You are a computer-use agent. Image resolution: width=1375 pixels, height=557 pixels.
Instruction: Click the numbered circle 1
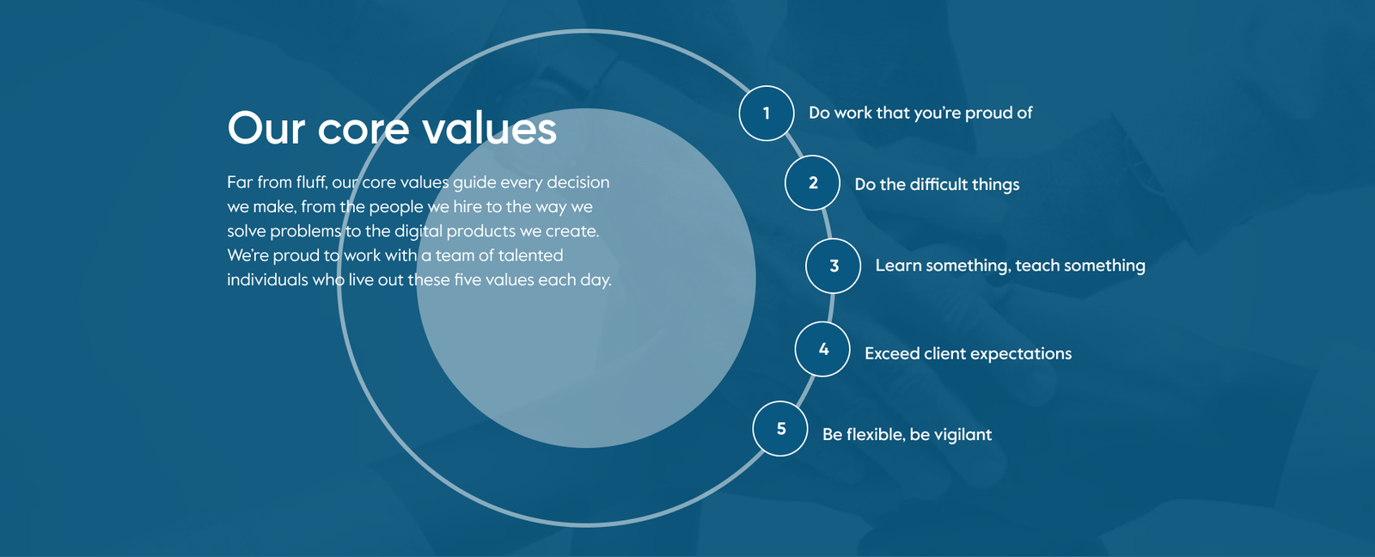(767, 113)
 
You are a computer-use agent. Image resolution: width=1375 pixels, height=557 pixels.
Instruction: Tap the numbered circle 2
(813, 182)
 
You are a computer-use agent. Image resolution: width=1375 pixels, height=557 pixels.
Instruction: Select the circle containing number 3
(834, 266)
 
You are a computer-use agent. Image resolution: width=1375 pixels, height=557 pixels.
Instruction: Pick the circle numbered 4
(823, 349)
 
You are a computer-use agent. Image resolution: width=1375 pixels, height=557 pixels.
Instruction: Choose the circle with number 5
(781, 429)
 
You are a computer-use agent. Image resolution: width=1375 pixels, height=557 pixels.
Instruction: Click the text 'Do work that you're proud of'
(920, 113)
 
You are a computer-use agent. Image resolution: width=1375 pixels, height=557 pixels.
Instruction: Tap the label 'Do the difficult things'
(937, 184)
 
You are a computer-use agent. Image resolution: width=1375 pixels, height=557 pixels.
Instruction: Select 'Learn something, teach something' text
(1011, 266)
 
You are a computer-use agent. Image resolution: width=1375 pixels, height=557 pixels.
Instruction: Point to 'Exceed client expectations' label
(968, 354)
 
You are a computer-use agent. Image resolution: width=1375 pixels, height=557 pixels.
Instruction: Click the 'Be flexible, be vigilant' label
(907, 434)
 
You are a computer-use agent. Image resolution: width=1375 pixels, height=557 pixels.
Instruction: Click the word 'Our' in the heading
(266, 128)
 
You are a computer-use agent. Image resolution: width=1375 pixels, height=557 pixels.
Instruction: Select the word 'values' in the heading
(489, 128)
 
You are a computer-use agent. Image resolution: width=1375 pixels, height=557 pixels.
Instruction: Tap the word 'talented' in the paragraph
(530, 254)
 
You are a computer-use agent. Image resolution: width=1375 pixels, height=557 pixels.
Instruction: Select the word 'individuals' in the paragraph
(267, 279)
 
